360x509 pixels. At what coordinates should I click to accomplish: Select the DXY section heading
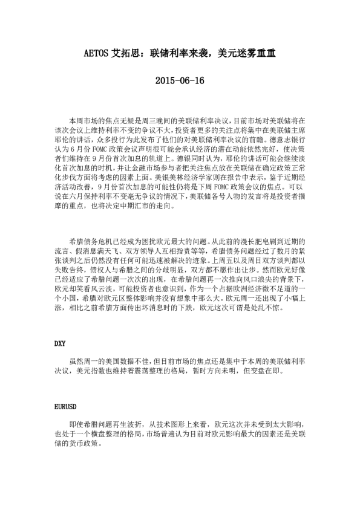pos(59,343)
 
